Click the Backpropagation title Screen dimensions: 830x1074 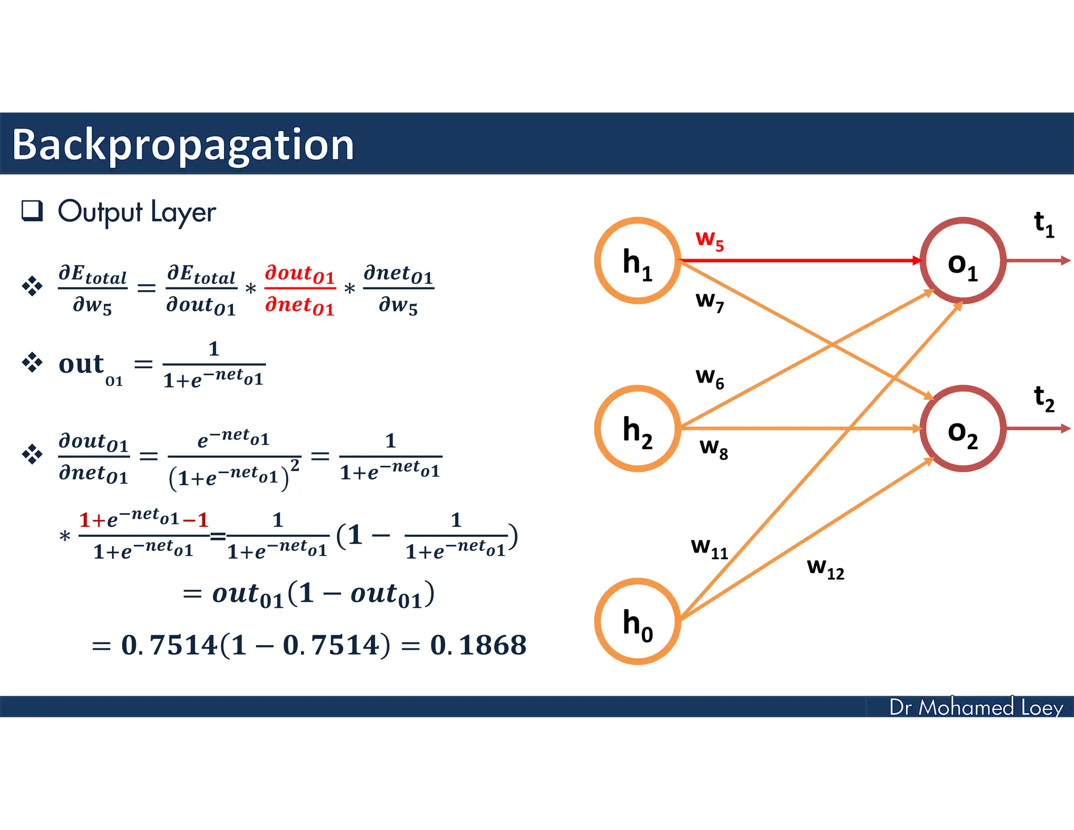[183, 144]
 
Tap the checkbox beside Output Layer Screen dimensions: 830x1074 [32, 210]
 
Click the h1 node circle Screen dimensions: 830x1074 [638, 260]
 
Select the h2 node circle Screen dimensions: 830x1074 [638, 429]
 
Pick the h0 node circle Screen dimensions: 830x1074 [638, 621]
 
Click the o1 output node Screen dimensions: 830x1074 [963, 261]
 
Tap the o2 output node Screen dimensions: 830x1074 [963, 429]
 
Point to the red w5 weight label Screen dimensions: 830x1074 [710, 240]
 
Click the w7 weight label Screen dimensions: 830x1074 [710, 301]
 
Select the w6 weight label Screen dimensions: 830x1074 [710, 377]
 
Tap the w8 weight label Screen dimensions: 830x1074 [713, 448]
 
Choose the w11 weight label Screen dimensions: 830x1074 [710, 547]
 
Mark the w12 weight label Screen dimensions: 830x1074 [825, 568]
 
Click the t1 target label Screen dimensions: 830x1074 [1044, 224]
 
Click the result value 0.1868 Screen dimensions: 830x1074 [478, 645]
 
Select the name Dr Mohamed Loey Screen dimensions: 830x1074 [976, 707]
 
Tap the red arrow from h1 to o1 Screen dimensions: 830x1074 [800, 260]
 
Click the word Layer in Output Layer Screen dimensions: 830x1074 [183, 212]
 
